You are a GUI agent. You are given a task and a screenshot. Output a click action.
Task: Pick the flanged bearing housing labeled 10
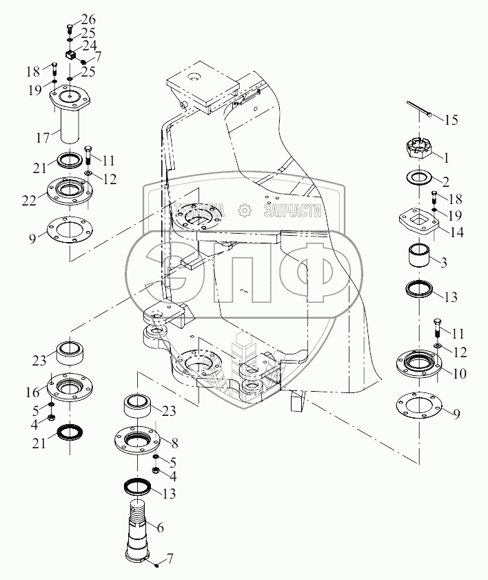(419, 364)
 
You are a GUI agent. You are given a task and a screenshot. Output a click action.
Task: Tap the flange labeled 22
(70, 192)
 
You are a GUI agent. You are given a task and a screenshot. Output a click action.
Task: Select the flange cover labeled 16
(70, 386)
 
